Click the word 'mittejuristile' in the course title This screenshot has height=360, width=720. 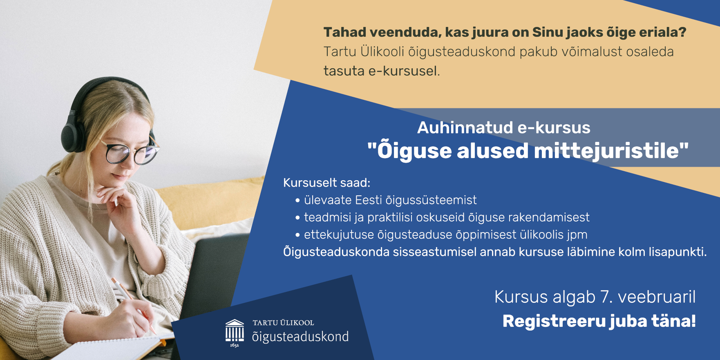click(606, 151)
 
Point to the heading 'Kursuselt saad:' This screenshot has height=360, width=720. click(326, 183)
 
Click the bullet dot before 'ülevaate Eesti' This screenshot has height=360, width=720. click(297, 201)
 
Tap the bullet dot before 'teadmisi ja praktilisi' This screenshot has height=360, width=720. click(297, 218)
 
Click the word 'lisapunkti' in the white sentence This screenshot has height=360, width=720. click(676, 252)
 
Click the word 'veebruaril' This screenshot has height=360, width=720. click(657, 297)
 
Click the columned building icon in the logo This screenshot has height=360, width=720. click(235, 332)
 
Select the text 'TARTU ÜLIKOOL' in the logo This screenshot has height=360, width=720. click(283, 323)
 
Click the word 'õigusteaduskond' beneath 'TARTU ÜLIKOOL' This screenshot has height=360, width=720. click(300, 337)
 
